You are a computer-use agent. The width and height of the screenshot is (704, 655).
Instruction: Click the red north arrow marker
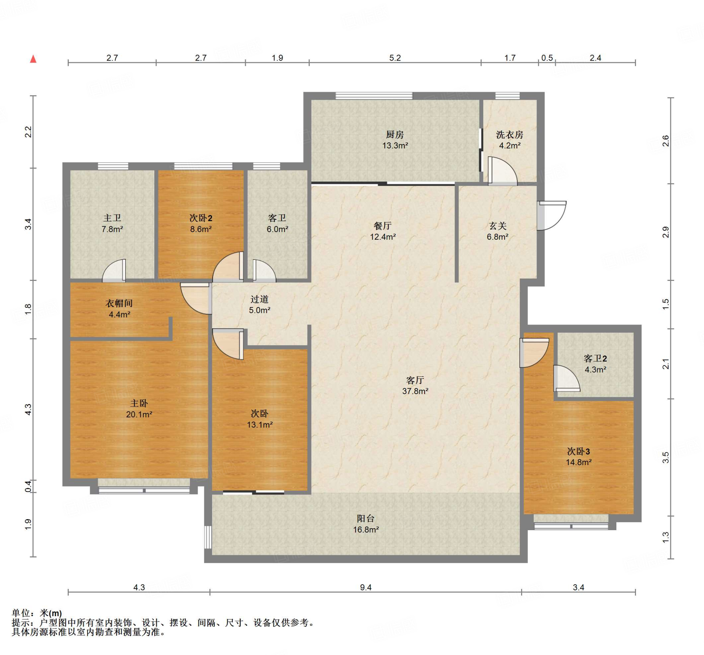[x=33, y=59]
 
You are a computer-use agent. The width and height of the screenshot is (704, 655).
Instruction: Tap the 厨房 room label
[x=395, y=135]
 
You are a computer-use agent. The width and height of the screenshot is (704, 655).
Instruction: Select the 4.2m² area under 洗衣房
[x=509, y=145]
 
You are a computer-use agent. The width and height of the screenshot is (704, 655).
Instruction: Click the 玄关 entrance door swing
[x=551, y=215]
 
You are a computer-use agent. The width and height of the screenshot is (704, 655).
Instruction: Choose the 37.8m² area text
[x=415, y=391]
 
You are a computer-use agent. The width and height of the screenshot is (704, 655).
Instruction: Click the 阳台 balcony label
[x=365, y=518]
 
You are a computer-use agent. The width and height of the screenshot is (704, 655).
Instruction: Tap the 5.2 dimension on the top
[x=395, y=58]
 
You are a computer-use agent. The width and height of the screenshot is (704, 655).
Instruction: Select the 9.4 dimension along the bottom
[x=365, y=588]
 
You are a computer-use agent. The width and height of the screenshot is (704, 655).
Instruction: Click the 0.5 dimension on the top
[x=547, y=58]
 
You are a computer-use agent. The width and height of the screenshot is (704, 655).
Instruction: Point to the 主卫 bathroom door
[x=114, y=271]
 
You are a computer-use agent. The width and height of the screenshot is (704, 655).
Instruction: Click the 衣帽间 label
[x=119, y=303]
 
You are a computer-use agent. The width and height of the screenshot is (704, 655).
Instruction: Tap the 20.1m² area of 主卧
[x=139, y=414]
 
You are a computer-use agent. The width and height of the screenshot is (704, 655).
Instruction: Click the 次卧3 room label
[x=578, y=451]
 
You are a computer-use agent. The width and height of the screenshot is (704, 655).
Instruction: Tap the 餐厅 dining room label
[x=383, y=226]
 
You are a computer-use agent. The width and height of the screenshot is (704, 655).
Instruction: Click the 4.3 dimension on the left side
[x=28, y=410]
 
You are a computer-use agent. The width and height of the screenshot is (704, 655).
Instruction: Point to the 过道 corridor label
[x=259, y=299]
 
